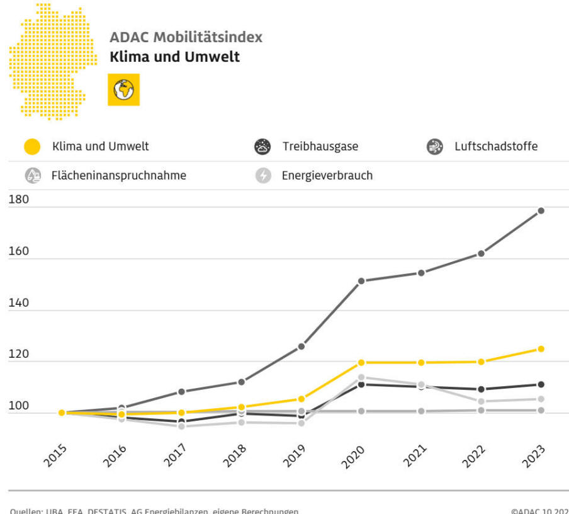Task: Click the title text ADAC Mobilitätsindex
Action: pos(186,37)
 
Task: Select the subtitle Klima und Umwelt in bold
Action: pos(174,57)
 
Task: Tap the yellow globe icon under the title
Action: pos(123,90)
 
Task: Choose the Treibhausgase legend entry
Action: pos(320,147)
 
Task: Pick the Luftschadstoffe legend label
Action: pos(496,147)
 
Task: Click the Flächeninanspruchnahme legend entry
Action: pos(118,176)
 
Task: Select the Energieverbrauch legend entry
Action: pos(327,176)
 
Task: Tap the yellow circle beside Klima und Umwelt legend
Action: pos(33,147)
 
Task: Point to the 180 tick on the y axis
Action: pos(19,200)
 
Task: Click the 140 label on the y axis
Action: pos(19,303)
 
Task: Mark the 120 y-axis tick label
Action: pos(19,354)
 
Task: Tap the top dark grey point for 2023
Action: pos(541,210)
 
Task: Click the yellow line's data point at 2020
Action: pos(361,362)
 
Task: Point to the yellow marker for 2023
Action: pos(541,349)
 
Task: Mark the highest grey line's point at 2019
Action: pos(301,346)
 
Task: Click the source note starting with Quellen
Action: pos(154,510)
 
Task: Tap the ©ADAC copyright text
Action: pos(540,510)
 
